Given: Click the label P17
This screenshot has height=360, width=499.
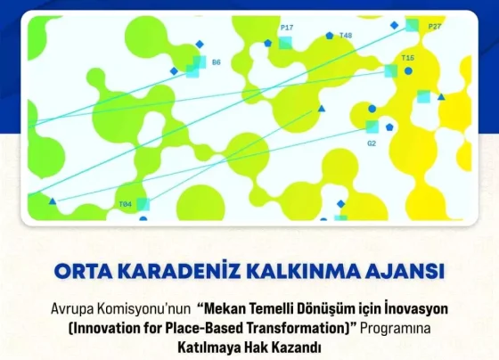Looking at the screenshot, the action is coord(287,28).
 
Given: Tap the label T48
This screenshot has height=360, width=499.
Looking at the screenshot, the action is coord(346,36).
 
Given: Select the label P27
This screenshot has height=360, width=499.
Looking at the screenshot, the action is coord(435,27).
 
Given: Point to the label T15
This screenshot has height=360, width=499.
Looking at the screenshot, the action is coord(408,58).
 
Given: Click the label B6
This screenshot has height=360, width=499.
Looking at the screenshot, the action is coord(216,62).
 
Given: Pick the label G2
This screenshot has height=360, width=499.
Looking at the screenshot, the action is coord(372,143).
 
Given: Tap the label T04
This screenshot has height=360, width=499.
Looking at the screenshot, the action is coord(125,204).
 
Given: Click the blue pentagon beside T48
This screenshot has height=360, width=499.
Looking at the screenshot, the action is coord(330,36).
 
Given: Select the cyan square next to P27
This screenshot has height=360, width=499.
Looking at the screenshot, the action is coord(412,25).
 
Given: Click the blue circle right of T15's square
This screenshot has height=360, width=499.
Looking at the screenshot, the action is coord(408,71).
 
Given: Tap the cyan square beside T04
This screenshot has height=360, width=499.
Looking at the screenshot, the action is coord(143,204).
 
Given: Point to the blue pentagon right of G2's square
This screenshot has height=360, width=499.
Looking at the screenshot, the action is coord(389,127).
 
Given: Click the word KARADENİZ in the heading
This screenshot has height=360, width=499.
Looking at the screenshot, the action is coord(182,271).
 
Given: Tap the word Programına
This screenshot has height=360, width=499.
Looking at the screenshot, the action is coord(396,329).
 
